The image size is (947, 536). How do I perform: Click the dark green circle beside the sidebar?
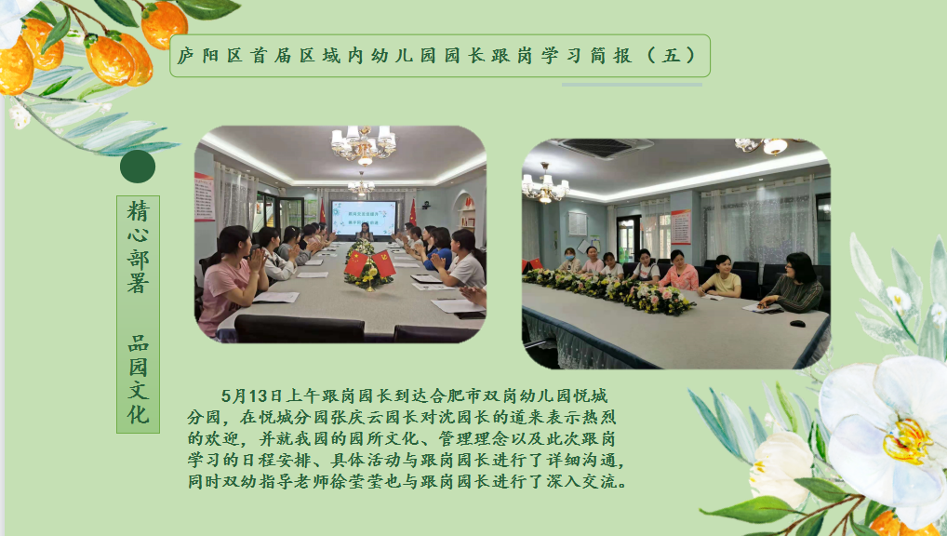pos(138,167)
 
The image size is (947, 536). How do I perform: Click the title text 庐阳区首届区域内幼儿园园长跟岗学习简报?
pos(405,56)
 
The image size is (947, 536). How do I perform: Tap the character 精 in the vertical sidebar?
pos(139,211)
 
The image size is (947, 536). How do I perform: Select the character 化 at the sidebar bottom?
pos(139,414)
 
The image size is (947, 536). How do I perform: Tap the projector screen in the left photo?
pos(364,218)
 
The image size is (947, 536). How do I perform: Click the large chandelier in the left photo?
pos(364,145)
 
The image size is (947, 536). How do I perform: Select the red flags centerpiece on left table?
pos(369,269)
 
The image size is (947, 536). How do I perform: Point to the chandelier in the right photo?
pos(545,185)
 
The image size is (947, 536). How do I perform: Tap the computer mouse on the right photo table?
pos(797,324)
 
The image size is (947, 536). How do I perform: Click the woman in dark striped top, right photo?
pos(794,283)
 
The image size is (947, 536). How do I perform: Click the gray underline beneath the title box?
pos(632,85)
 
